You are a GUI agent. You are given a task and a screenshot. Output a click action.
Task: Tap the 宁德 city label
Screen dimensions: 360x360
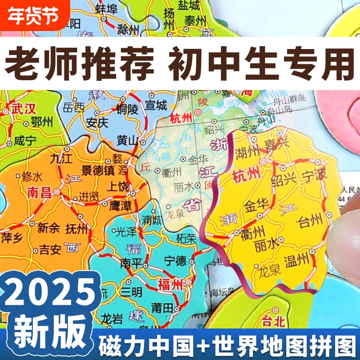(x=175, y=260)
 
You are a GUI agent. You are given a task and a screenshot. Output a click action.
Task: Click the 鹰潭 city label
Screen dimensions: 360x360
(x=120, y=205)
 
